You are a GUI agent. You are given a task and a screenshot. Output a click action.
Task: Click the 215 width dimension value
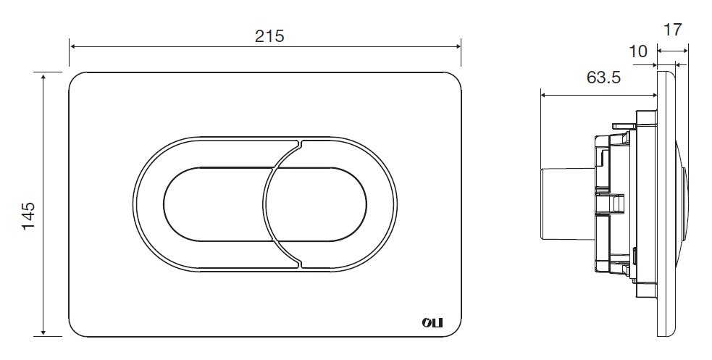pos(269,36)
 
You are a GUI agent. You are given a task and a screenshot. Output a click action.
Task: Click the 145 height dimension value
pos(28,216)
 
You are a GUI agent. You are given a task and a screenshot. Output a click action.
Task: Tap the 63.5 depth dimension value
pos(603,78)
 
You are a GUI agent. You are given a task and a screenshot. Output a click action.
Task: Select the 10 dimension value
pos(638,51)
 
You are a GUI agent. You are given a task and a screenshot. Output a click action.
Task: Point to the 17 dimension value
pos(673,30)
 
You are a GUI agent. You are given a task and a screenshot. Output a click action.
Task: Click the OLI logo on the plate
pos(432,323)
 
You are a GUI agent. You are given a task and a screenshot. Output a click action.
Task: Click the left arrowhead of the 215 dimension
pos(73,46)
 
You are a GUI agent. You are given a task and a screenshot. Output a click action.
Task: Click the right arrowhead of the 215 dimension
pos(457,46)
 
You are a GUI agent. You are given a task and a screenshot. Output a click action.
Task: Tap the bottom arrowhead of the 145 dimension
pos(43,332)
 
